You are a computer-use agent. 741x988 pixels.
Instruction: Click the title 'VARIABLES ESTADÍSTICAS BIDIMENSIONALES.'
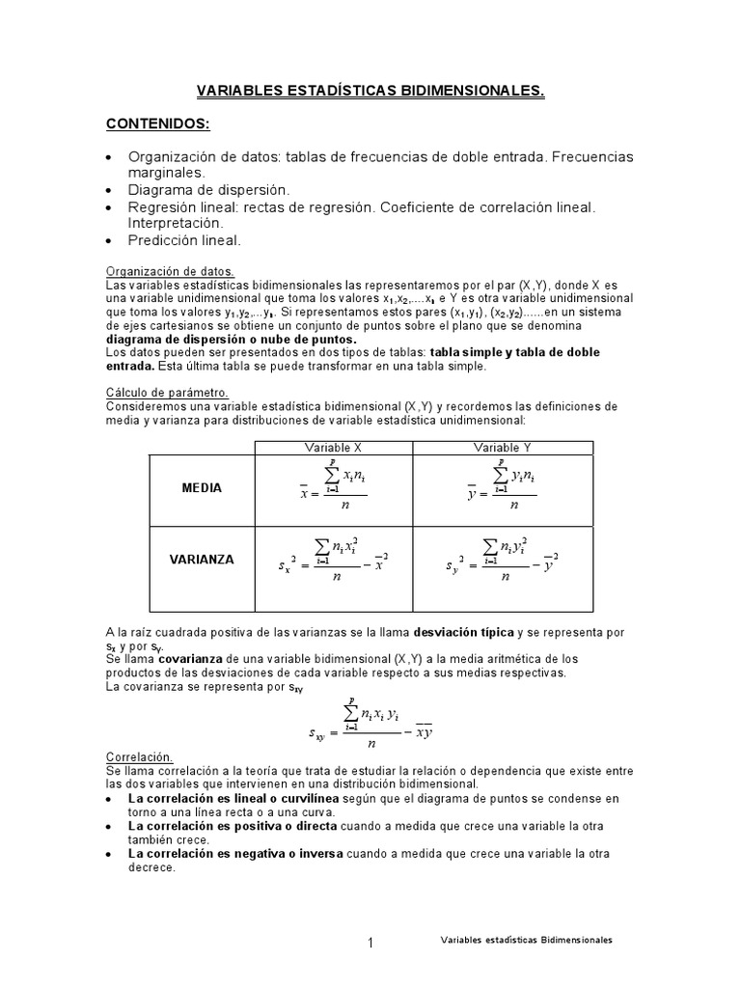370,92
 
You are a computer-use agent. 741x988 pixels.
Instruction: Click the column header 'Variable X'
333,448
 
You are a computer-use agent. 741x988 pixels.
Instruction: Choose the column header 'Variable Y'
502,448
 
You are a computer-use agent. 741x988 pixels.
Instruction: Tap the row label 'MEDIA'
202,488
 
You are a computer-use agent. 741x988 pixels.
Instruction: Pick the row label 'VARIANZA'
202,559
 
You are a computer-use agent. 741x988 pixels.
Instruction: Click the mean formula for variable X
333,489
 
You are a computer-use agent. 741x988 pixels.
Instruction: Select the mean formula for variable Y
502,489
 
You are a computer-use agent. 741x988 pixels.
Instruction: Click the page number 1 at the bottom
370,943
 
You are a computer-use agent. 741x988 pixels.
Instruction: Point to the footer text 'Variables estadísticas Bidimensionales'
526,939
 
